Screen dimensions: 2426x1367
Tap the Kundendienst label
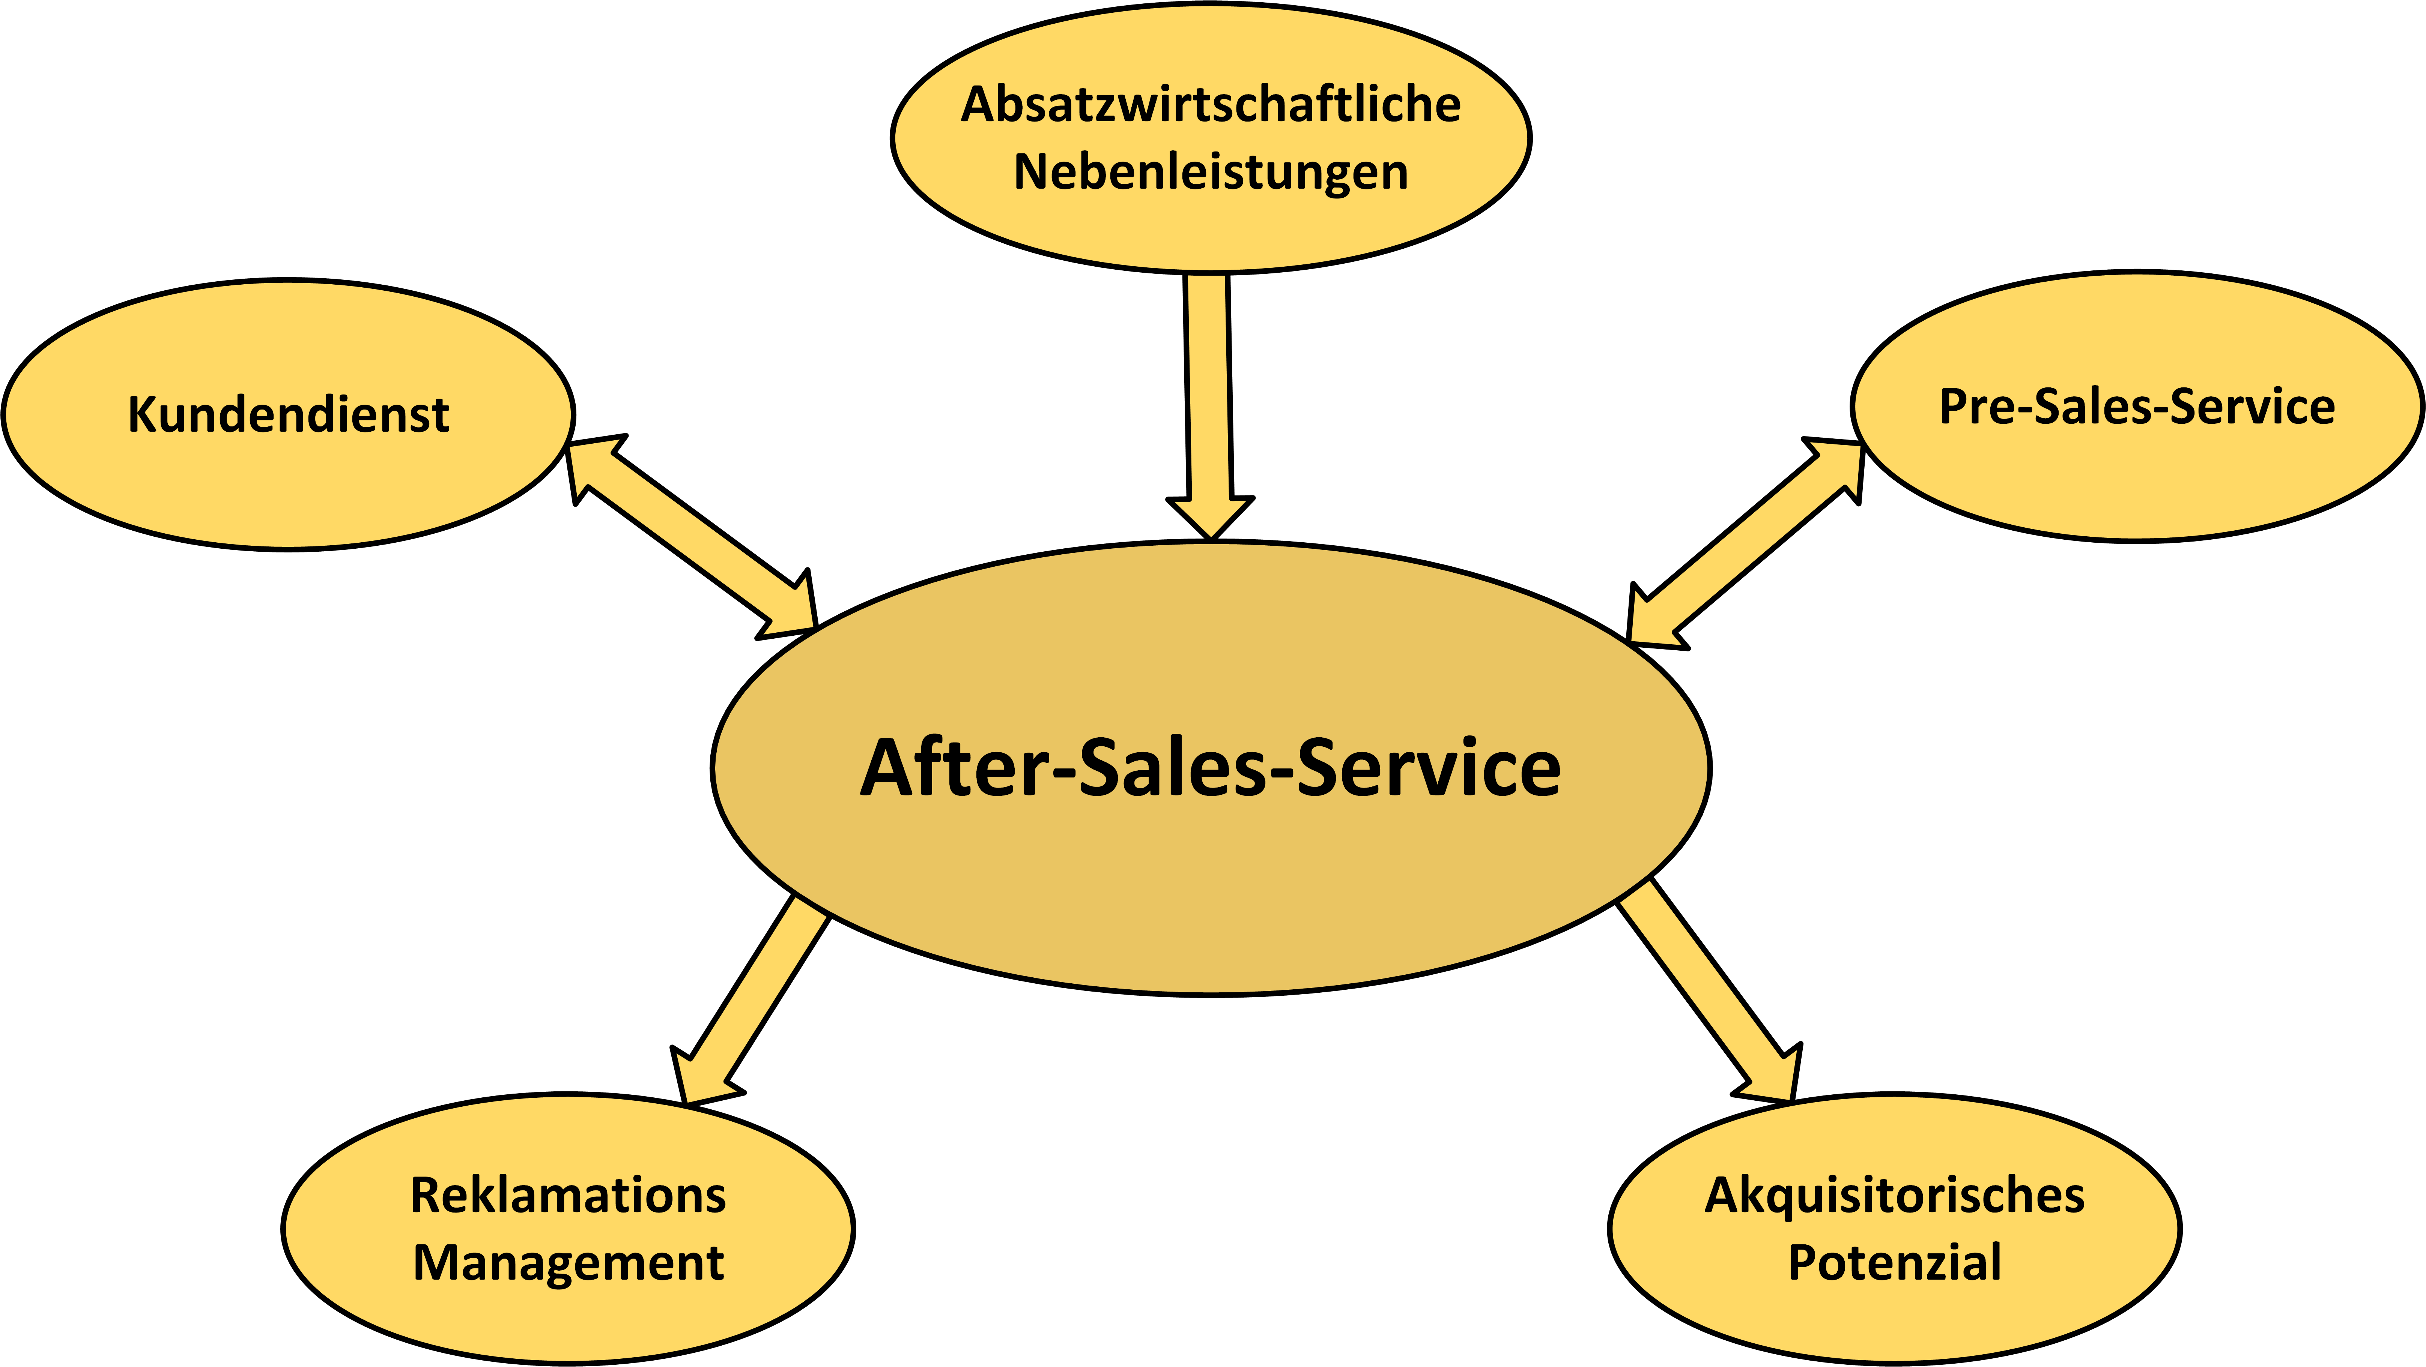288,414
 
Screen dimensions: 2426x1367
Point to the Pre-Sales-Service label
2137,407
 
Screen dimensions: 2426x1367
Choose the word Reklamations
568,1196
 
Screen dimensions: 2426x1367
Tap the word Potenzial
1895,1262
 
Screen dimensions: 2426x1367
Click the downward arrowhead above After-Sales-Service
1210,518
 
